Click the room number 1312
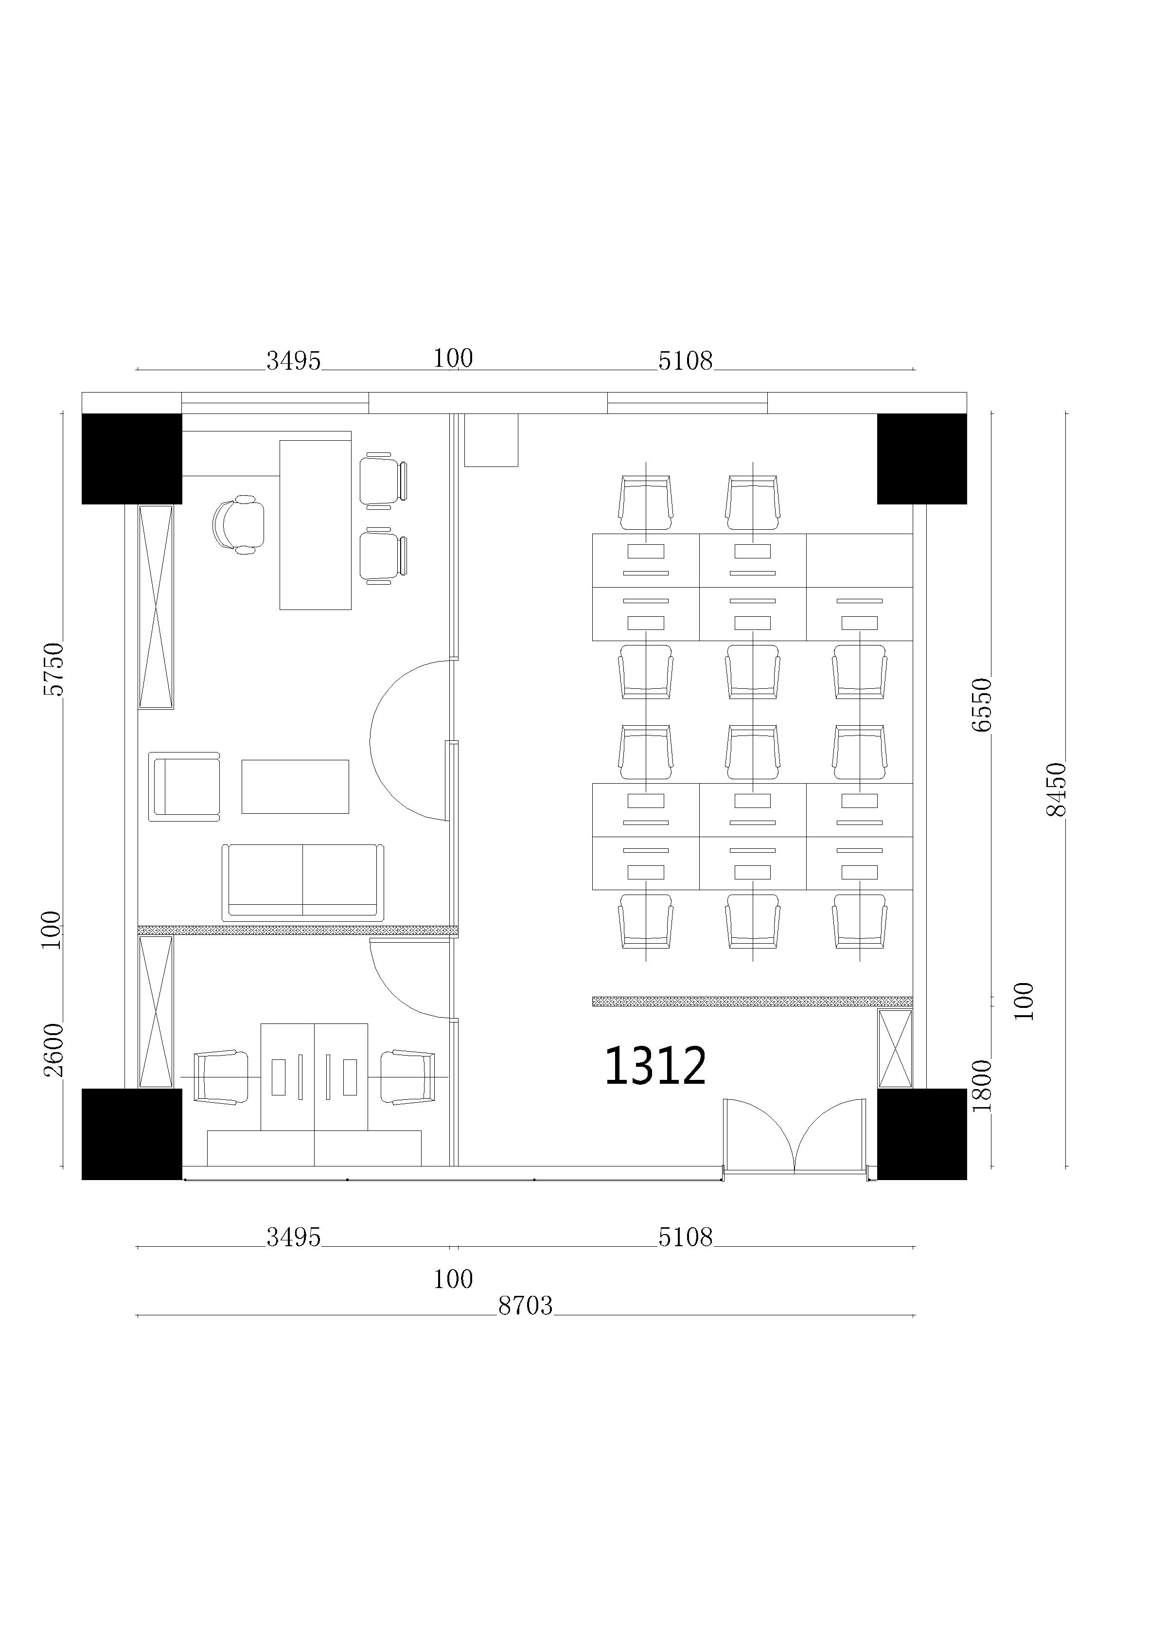(x=655, y=1065)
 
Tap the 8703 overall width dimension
(x=525, y=1305)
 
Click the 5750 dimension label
(x=54, y=669)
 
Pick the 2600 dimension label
(x=54, y=1050)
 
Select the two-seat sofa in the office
(x=302, y=883)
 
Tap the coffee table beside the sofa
(x=295, y=787)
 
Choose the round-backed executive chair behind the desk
(x=238, y=524)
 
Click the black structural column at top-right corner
(x=922, y=458)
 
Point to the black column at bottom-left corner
(x=131, y=1134)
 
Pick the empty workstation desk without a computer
(x=859, y=560)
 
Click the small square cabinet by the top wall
(x=491, y=440)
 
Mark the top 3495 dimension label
(x=293, y=360)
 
